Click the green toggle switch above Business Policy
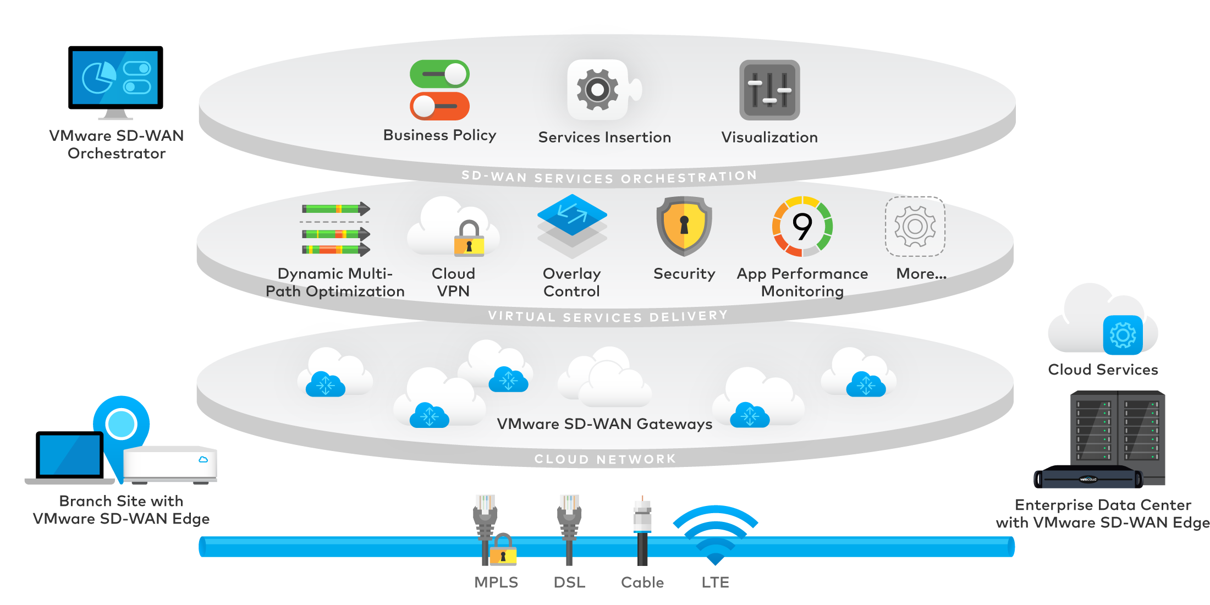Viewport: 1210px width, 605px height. pyautogui.click(x=439, y=74)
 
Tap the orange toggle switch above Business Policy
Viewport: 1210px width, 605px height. pyautogui.click(x=439, y=106)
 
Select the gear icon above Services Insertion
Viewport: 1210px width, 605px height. pyautogui.click(x=598, y=90)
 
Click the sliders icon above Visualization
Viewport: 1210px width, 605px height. pyautogui.click(x=769, y=90)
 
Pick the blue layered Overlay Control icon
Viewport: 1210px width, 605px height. pyautogui.click(x=572, y=216)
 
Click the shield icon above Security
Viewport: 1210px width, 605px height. pyautogui.click(x=684, y=226)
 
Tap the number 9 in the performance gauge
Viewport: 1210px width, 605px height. pyautogui.click(x=802, y=226)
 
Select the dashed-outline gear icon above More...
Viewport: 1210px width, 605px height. pyautogui.click(x=915, y=226)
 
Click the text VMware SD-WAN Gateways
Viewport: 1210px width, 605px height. pyautogui.click(x=604, y=424)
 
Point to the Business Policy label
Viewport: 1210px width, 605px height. pyautogui.click(x=439, y=135)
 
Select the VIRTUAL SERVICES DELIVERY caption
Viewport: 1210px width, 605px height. pyautogui.click(x=608, y=317)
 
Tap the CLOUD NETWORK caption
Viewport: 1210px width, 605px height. pyautogui.click(x=605, y=459)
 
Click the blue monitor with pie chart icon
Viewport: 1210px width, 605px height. pyautogui.click(x=115, y=78)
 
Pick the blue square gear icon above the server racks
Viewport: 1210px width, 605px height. pyautogui.click(x=1123, y=335)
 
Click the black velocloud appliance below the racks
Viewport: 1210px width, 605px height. pyautogui.click(x=1088, y=483)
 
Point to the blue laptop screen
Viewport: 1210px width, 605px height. pyautogui.click(x=70, y=455)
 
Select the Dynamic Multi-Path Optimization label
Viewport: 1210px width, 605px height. pyautogui.click(x=335, y=282)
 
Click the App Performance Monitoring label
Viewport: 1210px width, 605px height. pyautogui.click(x=802, y=282)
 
